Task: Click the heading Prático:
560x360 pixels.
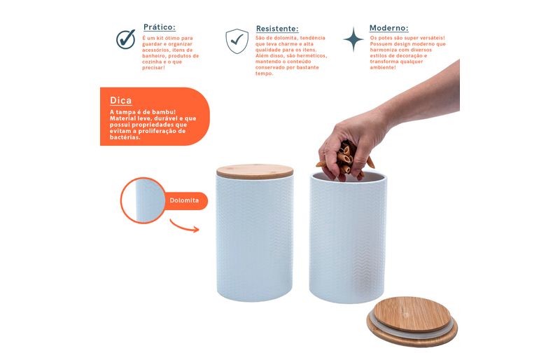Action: tap(160, 27)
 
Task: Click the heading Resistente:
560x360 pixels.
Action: tap(277, 29)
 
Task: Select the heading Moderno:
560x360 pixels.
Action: tap(389, 28)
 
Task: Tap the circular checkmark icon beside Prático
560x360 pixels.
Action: tap(126, 39)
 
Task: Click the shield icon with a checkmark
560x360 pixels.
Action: tap(237, 41)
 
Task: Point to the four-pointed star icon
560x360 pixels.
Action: tap(353, 39)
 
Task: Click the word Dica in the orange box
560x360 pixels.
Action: tap(120, 100)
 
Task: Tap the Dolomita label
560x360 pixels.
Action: tap(184, 200)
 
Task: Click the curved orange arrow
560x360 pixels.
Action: tap(184, 227)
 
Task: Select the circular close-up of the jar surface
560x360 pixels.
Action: tap(143, 200)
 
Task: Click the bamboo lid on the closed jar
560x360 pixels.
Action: tap(255, 171)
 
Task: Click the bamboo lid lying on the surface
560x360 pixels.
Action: tap(412, 321)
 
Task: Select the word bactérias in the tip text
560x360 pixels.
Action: tap(125, 138)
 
